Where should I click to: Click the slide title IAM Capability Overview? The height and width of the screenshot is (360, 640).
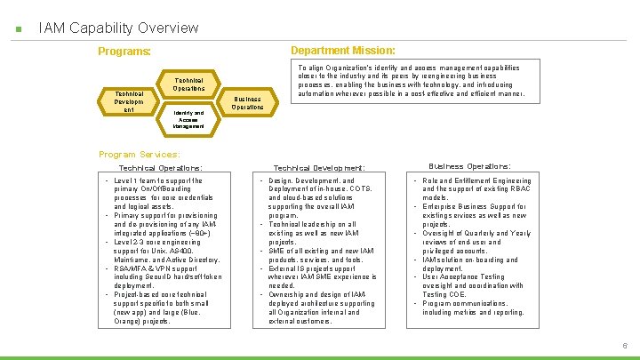point(118,28)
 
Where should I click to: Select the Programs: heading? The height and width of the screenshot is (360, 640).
point(124,52)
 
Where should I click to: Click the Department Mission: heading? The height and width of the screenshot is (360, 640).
point(343,50)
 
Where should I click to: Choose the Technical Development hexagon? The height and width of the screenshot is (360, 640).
point(124,101)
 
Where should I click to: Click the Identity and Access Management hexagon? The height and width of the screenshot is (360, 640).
point(188,119)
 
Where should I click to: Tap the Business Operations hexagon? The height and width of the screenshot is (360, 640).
point(247,103)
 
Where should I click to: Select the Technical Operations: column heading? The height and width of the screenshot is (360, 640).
point(160,168)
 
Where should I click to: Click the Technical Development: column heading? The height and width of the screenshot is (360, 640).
point(318,168)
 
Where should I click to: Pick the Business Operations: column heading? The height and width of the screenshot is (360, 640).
point(469,166)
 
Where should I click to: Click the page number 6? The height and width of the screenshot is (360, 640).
point(625,345)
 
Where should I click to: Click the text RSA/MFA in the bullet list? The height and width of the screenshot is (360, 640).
point(130,268)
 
